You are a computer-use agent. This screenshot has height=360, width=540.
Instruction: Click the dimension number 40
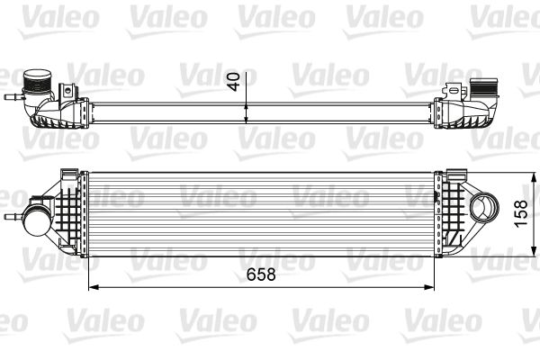pos(234,82)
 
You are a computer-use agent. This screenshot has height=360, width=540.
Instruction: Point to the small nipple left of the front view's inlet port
pos(13,216)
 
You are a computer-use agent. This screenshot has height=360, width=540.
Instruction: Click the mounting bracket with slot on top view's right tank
pos(450,89)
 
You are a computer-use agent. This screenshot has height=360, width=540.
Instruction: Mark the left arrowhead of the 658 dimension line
pos(91,287)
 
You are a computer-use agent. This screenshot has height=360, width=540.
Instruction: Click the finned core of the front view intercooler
pos(261,216)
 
